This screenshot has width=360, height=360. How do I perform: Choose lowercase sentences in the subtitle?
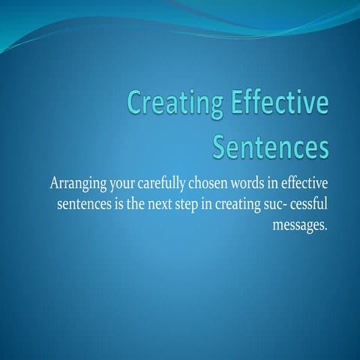tap(82, 205)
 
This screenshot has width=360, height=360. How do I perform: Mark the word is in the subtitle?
tap(119, 205)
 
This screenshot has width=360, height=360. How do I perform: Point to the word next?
tap(166, 205)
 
